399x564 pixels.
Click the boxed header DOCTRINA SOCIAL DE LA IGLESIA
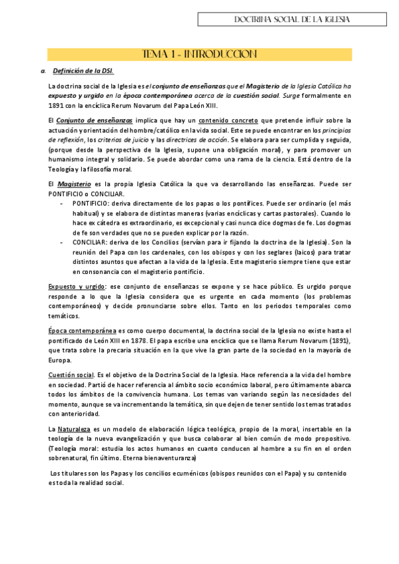[x=292, y=20]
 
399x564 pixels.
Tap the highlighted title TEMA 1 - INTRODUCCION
[x=199, y=54]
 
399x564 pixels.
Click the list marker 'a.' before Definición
[x=43, y=70]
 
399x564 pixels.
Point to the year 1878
[x=144, y=341]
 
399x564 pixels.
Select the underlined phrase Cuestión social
[x=71, y=375]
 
